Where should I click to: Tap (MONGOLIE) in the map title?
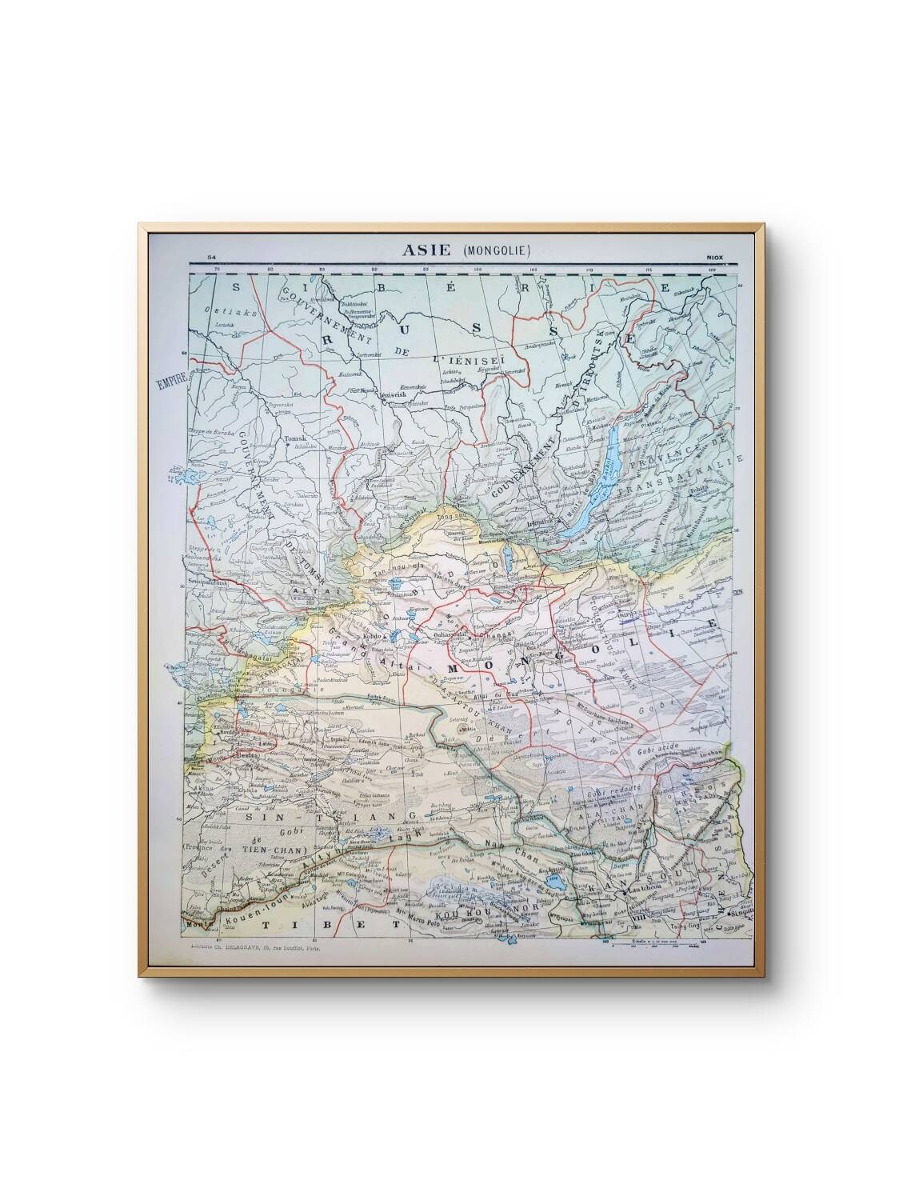(x=497, y=250)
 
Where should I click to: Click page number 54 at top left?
(x=211, y=257)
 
